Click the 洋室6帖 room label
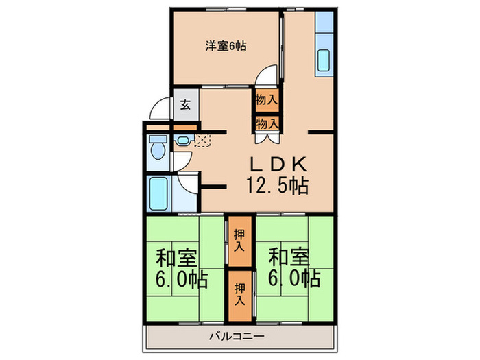pos(226,46)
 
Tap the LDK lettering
pos(278,164)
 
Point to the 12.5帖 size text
pos(277,186)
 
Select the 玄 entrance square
pos(187,105)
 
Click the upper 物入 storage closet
pos(267,100)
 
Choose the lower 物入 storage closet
pos(267,123)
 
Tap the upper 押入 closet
pos(240,241)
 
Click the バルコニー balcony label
pos(237,337)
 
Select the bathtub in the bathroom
pos(158,194)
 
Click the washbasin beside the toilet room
pos(183,141)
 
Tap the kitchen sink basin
pos(323,60)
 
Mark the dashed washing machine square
pos(203,141)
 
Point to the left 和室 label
pos(176,257)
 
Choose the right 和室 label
pos(289,257)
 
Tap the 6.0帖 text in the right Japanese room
pos(294,278)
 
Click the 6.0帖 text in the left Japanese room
pos(182,279)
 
